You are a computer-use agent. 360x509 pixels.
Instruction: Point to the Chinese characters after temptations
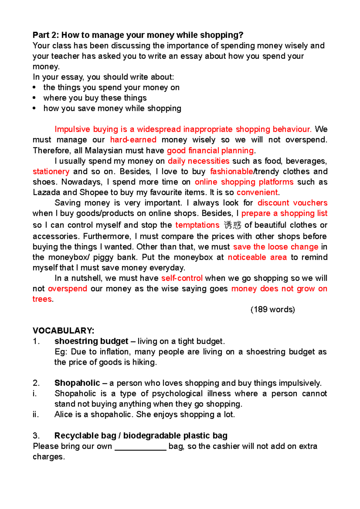tap(232, 225)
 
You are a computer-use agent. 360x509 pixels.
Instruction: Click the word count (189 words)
tap(273, 309)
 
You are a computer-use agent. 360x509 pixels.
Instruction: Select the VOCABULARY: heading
tap(64, 331)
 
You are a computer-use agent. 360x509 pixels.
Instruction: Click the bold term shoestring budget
tap(91, 341)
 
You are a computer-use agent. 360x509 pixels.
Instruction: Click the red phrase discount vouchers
tap(292, 203)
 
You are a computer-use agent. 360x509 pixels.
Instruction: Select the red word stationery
tap(51, 171)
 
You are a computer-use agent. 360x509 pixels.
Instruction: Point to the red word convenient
tap(257, 192)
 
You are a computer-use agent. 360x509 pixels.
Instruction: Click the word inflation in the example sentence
tap(115, 352)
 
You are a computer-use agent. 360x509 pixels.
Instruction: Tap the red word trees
tap(42, 299)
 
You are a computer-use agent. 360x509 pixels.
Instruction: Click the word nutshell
tap(85, 278)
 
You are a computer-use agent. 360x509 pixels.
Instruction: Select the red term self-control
tap(182, 278)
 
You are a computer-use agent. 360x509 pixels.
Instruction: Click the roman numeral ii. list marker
tap(36, 414)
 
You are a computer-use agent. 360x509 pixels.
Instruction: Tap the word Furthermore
tap(107, 236)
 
